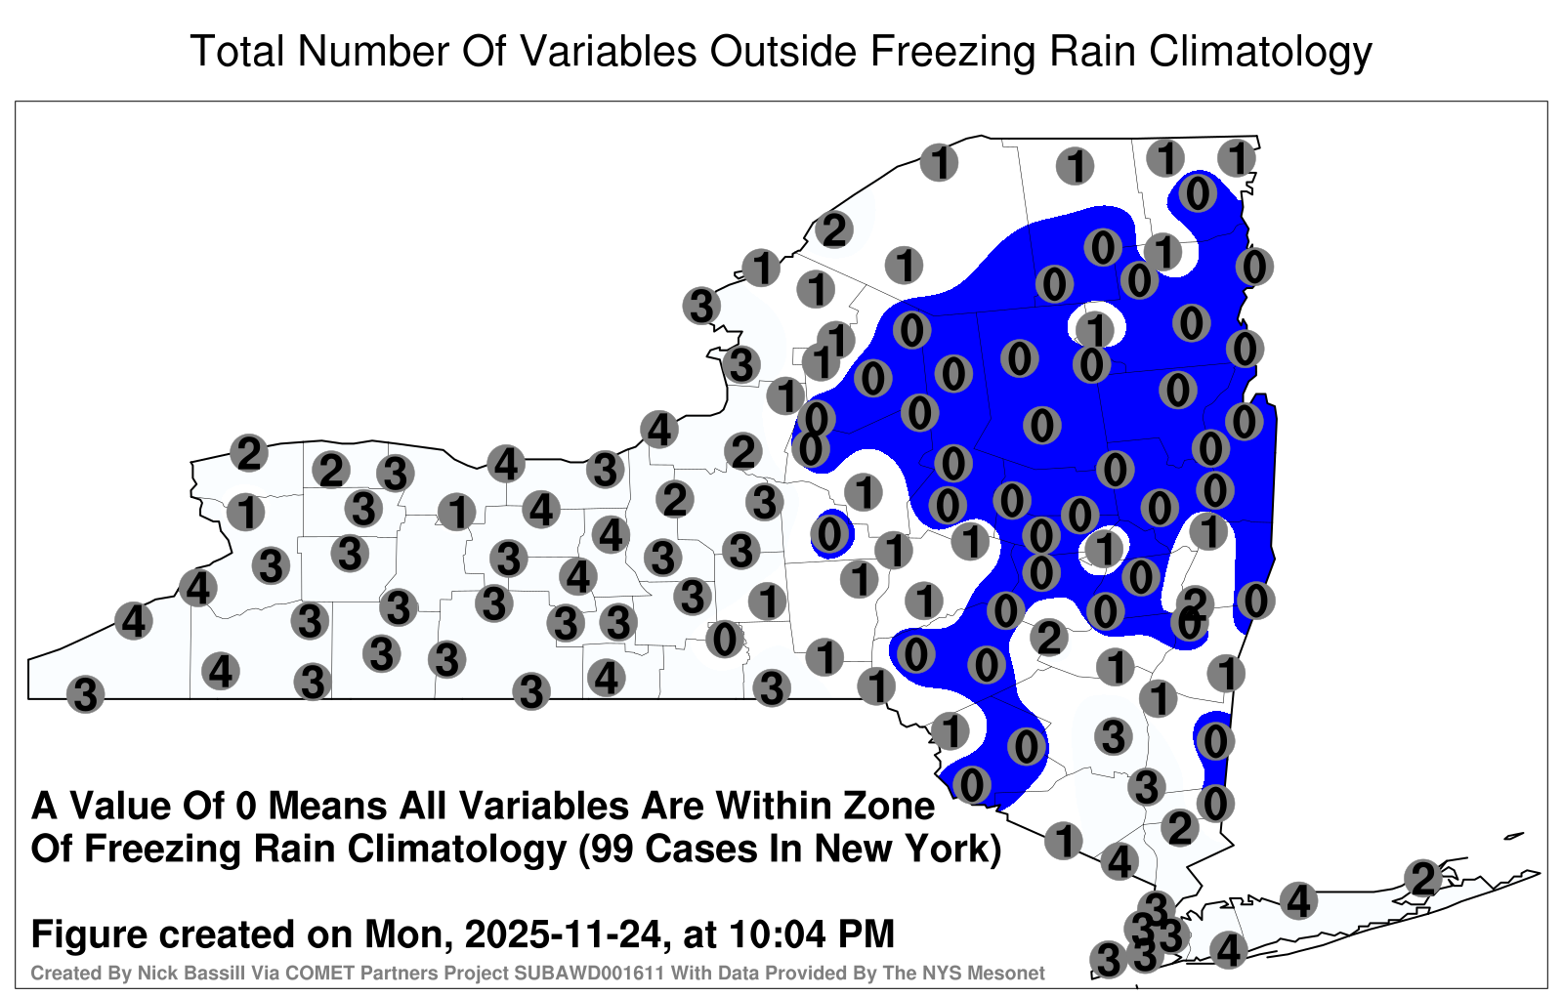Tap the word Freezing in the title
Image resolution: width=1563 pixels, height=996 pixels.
click(x=951, y=53)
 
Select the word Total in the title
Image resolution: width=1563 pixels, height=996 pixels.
click(x=237, y=51)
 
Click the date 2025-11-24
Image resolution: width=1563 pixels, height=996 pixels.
click(x=563, y=934)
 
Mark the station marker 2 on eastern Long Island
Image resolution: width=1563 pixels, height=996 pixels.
click(x=1423, y=878)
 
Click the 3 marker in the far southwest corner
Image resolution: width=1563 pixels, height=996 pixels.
click(x=85, y=694)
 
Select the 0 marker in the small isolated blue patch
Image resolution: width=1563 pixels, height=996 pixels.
click(x=829, y=536)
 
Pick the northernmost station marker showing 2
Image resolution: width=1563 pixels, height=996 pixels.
click(x=834, y=229)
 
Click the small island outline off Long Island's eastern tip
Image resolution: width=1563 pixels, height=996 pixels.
click(x=1513, y=836)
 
